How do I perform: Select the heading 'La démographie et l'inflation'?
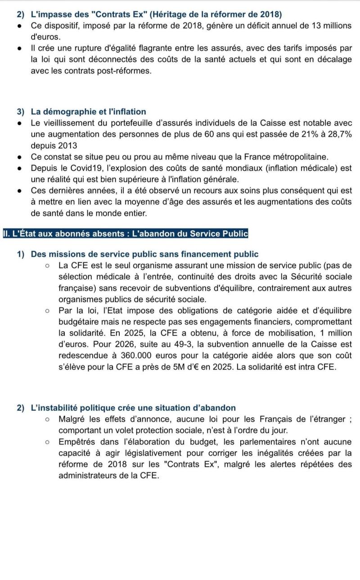pyautogui.click(x=88, y=111)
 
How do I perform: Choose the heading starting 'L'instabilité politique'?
pyautogui.click(x=133, y=408)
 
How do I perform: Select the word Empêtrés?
pyautogui.click(x=78, y=442)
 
